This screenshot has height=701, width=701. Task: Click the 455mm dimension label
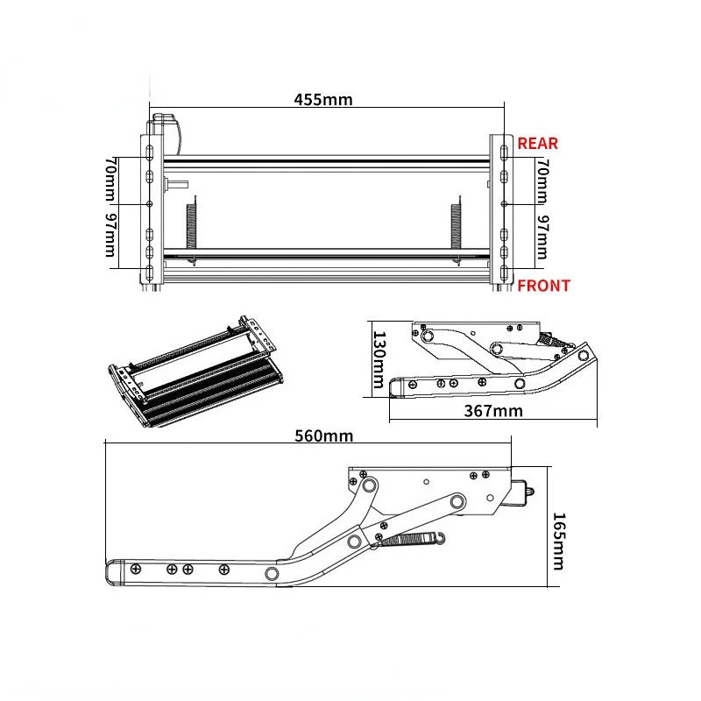pos(323,99)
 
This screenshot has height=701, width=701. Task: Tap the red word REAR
pos(538,144)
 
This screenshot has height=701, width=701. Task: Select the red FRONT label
pos(544,286)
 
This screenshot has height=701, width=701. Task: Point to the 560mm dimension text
pos(324,435)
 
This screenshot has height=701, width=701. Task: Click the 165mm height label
pos(558,542)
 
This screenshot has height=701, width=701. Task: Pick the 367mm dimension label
pos(493,411)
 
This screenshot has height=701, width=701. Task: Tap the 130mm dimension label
pos(379,359)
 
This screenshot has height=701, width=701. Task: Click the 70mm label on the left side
pos(110,179)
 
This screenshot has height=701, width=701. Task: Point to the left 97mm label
pos(110,235)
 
